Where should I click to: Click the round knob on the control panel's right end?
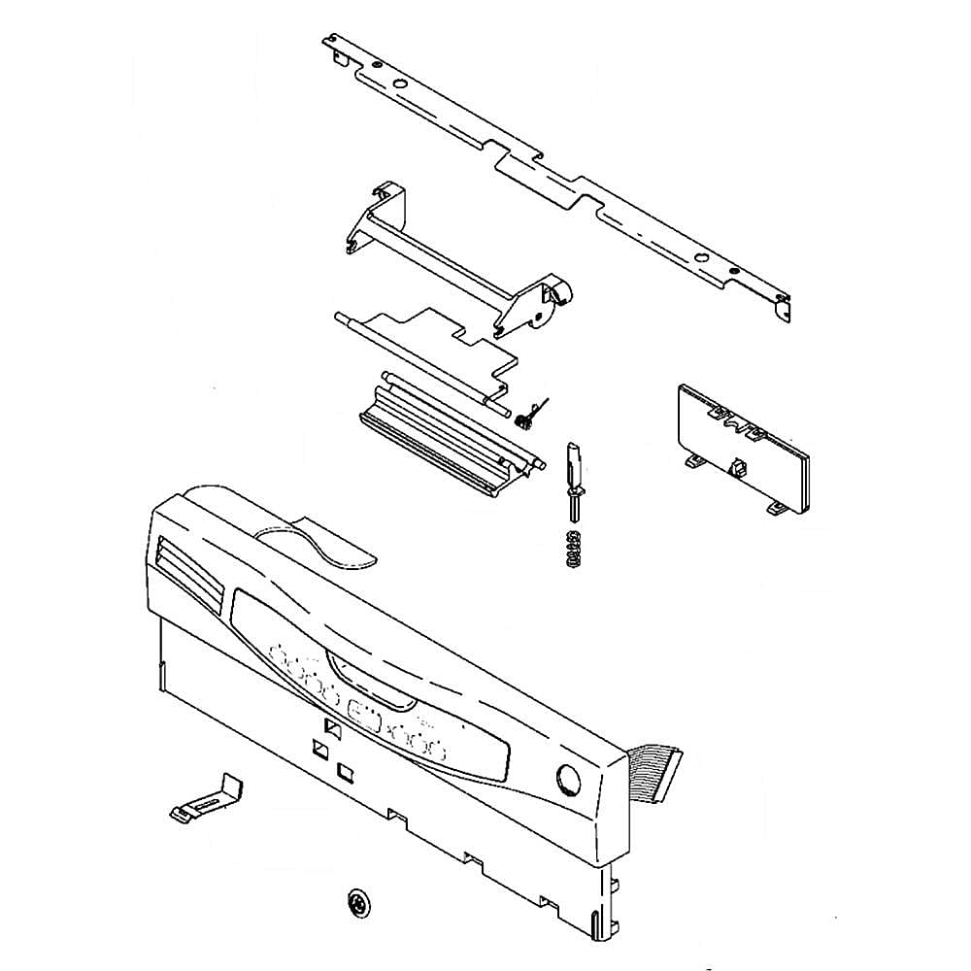pos(567,780)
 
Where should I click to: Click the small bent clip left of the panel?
pos(207,798)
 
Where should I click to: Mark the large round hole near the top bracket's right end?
pos(702,258)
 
